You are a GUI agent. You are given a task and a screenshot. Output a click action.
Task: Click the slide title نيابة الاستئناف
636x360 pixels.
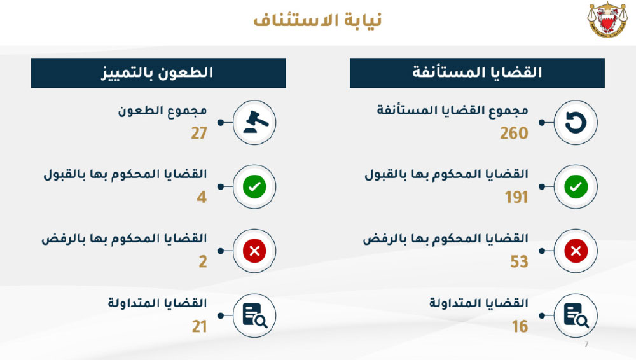tap(317, 20)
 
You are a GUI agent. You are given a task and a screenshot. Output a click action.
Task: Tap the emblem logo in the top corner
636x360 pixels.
tap(607, 20)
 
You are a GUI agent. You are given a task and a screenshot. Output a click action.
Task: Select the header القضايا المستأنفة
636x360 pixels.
tap(477, 73)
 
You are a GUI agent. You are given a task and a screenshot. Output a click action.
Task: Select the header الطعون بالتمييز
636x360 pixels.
tap(157, 73)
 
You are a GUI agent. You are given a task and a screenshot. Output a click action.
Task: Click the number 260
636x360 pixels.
tap(514, 133)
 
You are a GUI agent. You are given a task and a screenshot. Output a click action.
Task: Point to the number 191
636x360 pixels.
tap(516, 197)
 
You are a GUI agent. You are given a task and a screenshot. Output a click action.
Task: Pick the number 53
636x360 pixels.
tap(519, 262)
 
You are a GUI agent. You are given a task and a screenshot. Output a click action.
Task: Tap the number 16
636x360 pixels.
tap(520, 326)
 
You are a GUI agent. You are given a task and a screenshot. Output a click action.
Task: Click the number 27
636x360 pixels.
tap(199, 133)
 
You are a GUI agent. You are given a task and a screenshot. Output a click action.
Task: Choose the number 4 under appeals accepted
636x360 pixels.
tap(202, 197)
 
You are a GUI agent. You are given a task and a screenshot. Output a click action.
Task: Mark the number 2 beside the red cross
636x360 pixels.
tap(203, 262)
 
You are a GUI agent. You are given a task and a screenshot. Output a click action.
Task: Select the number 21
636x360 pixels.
tap(200, 326)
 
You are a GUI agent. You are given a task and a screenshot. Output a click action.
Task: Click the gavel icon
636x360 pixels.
tap(256, 122)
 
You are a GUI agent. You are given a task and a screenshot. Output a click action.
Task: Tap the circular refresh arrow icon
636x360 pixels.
tap(576, 123)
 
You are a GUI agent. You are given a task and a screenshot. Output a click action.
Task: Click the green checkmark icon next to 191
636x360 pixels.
tap(576, 187)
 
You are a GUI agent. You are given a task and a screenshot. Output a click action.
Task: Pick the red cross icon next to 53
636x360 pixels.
tap(576, 251)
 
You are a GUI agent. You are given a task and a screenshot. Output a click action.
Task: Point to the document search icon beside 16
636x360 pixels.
tap(576, 315)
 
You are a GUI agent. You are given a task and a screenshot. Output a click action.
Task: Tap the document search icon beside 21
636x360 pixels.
tap(255, 315)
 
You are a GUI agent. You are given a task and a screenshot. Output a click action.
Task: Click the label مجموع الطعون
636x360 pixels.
tap(163, 111)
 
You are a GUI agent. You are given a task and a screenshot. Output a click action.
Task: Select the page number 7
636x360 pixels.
tap(586, 344)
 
